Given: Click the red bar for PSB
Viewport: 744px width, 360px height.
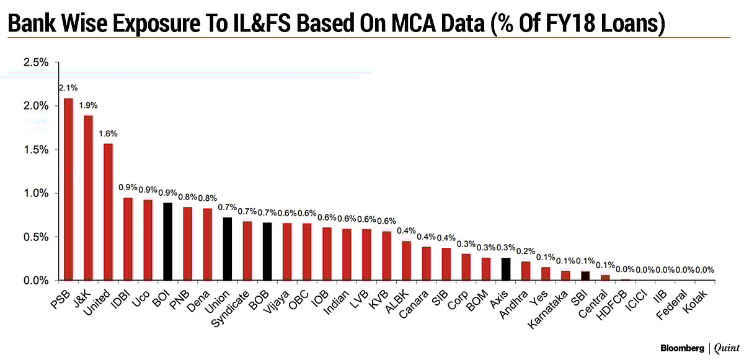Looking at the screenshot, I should (x=68, y=189).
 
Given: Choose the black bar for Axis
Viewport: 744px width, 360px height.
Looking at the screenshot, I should (x=506, y=269).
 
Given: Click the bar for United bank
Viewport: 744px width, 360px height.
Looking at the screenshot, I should (x=108, y=211).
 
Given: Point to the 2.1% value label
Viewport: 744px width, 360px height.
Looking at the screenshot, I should (x=68, y=89).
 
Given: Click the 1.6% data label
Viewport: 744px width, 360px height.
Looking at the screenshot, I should (x=107, y=133).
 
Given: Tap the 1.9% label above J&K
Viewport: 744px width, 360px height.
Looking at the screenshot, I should (x=88, y=105).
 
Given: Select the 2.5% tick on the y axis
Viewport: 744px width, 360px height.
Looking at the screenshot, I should (x=35, y=62).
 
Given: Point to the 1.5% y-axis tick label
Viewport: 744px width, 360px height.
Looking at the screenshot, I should (x=35, y=149).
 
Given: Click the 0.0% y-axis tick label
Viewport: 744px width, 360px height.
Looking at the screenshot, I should (x=35, y=281).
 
